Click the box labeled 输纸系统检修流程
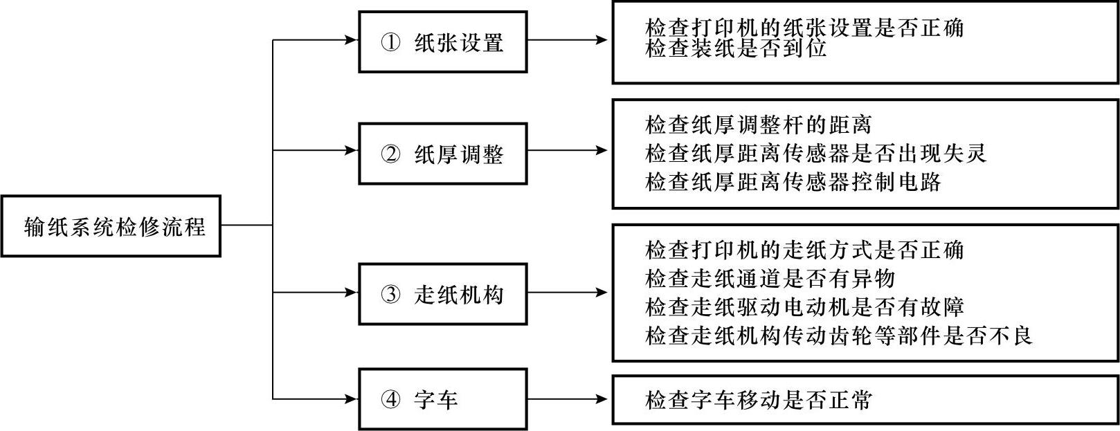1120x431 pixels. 111,226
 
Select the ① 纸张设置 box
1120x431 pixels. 443,42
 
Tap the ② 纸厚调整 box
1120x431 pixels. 443,154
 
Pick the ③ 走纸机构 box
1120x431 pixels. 443,294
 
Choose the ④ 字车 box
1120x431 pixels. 443,399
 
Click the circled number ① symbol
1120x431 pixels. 390,42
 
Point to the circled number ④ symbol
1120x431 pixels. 390,399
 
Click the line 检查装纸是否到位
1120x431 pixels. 736,48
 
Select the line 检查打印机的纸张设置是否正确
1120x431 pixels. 804,28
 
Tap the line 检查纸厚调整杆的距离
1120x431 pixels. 758,125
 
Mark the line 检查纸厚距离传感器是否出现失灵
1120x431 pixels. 816,153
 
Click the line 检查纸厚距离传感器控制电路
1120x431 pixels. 793,182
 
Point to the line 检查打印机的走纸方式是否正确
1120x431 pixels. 804,250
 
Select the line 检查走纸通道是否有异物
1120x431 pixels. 770,279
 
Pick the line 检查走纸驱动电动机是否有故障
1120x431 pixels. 804,307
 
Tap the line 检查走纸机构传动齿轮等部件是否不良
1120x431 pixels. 838,336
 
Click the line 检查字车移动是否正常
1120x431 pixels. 758,400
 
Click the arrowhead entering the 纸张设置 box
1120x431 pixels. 352,40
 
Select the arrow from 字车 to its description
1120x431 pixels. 568,399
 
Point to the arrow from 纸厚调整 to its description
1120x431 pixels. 568,150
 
